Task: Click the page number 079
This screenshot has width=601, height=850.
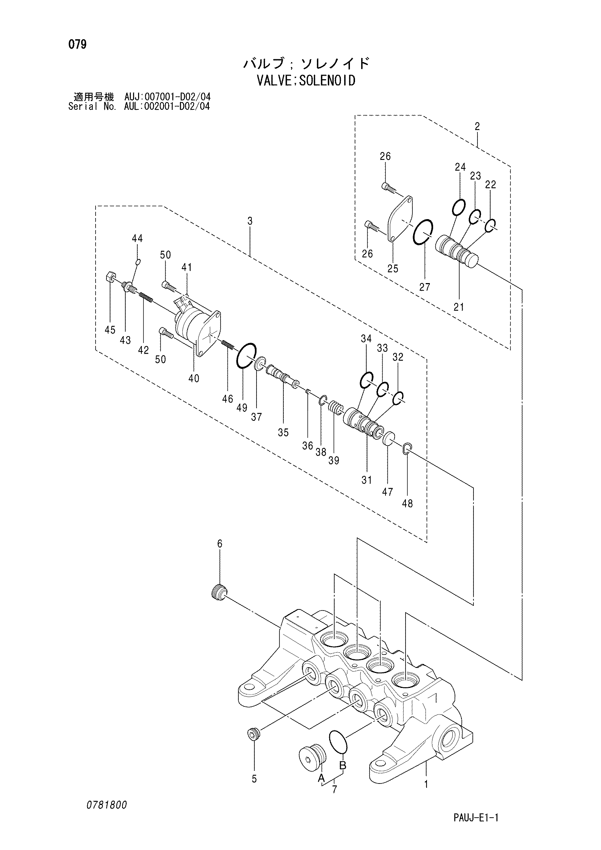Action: click(x=77, y=45)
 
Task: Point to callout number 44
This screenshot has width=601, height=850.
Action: click(x=137, y=238)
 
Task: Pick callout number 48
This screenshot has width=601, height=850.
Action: click(x=407, y=504)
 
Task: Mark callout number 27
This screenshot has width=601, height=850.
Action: click(x=424, y=287)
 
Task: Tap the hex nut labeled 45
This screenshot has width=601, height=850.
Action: click(x=112, y=277)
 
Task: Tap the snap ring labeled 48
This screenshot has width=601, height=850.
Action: click(x=406, y=448)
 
